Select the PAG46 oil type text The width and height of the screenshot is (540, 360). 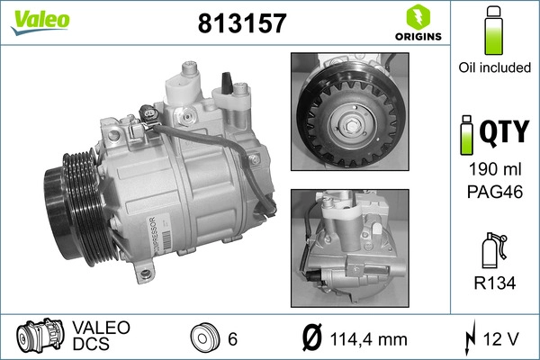[491, 192]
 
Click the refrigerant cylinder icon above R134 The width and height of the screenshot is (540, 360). [491, 253]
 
